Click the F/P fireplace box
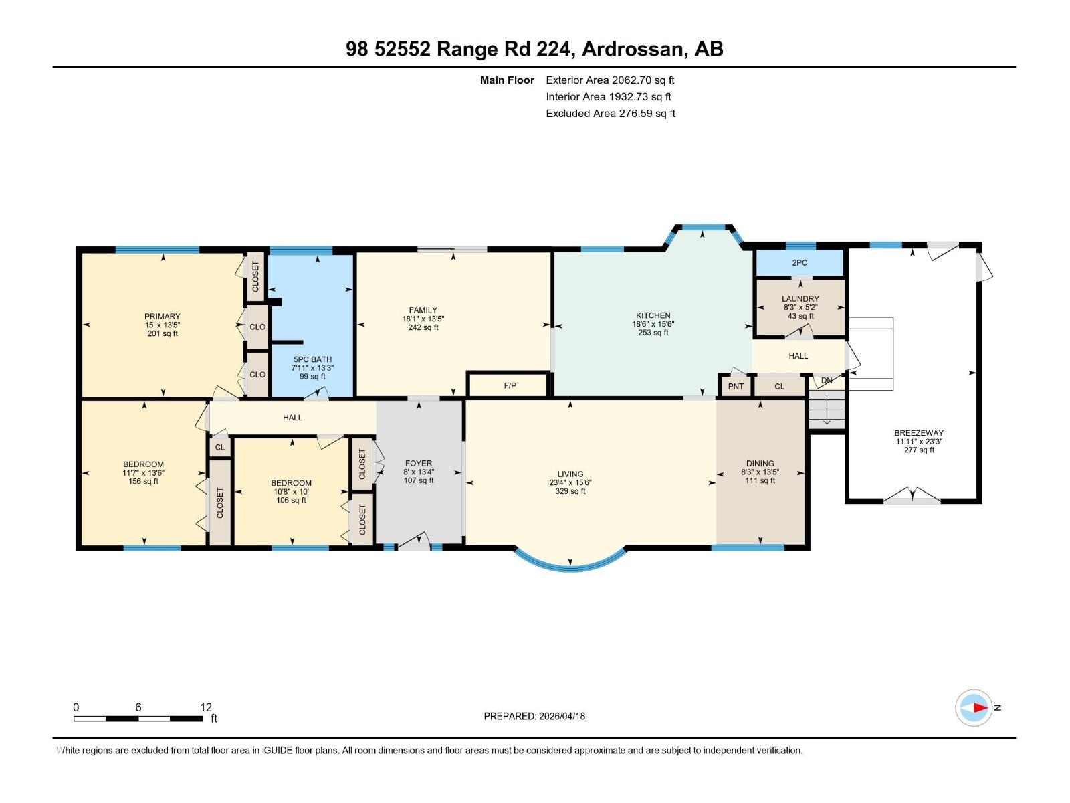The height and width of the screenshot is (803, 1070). (x=510, y=385)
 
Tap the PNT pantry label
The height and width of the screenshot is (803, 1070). (x=736, y=386)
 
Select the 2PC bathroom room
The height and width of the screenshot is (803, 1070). (x=800, y=262)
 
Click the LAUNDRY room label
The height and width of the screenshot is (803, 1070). (x=800, y=299)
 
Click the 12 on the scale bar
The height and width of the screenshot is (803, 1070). (x=205, y=707)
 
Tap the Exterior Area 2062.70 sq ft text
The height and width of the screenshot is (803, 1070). (x=610, y=80)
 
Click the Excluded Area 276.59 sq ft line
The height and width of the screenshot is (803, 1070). (x=610, y=113)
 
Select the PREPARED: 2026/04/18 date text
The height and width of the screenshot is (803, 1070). (x=534, y=716)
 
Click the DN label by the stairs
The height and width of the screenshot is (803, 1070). (x=827, y=380)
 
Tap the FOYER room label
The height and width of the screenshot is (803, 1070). (x=419, y=463)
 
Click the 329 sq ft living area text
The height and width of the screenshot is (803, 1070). (x=570, y=491)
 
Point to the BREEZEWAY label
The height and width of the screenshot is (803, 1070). (x=919, y=433)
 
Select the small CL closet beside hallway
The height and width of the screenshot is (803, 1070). (x=220, y=447)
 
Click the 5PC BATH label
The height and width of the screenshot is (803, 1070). (x=312, y=359)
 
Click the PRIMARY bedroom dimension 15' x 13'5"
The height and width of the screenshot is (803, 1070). (x=163, y=325)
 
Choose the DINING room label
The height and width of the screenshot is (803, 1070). (x=760, y=463)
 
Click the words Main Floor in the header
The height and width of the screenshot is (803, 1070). (x=507, y=80)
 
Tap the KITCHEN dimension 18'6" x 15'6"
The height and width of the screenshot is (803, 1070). (x=653, y=324)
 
